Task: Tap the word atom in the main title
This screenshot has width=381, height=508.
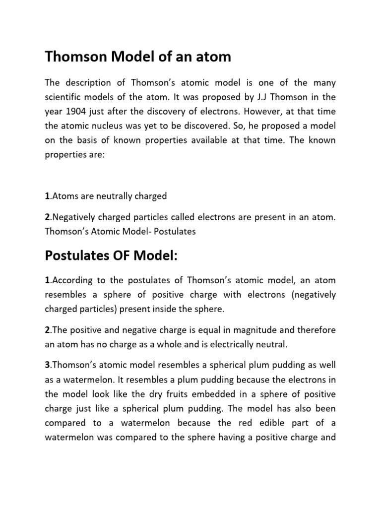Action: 214,57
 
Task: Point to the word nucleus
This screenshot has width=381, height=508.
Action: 109,126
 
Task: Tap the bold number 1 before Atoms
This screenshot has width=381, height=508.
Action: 47,196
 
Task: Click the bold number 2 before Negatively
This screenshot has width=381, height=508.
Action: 47,217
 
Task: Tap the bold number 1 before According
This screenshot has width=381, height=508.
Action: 47,281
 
